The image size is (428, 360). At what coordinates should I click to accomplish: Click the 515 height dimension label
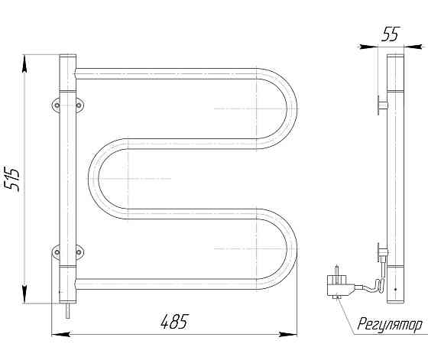point(12,180)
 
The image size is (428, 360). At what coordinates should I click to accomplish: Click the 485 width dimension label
point(175,322)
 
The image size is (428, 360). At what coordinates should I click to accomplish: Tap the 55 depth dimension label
point(391,34)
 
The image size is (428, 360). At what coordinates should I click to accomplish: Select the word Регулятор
point(390,325)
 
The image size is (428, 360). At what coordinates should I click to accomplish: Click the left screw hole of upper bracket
point(57,105)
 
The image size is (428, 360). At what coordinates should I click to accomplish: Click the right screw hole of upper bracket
point(79,105)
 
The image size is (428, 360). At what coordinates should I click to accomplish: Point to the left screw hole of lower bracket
point(57,252)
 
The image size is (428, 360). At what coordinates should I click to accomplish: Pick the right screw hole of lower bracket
point(79,252)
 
